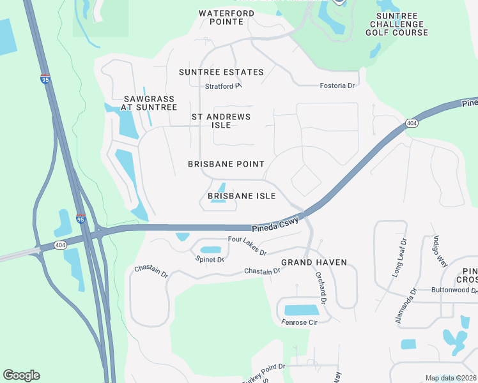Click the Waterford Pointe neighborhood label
click(x=226, y=17)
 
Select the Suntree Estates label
click(x=221, y=72)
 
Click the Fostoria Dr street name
click(x=337, y=86)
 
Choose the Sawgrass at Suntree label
click(x=149, y=103)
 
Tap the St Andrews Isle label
click(x=221, y=121)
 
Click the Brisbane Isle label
click(x=242, y=196)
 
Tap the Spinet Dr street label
click(x=210, y=260)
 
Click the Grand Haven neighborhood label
click(x=314, y=262)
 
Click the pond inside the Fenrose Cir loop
click(x=301, y=310)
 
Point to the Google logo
click(x=21, y=375)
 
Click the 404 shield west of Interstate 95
click(x=60, y=244)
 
